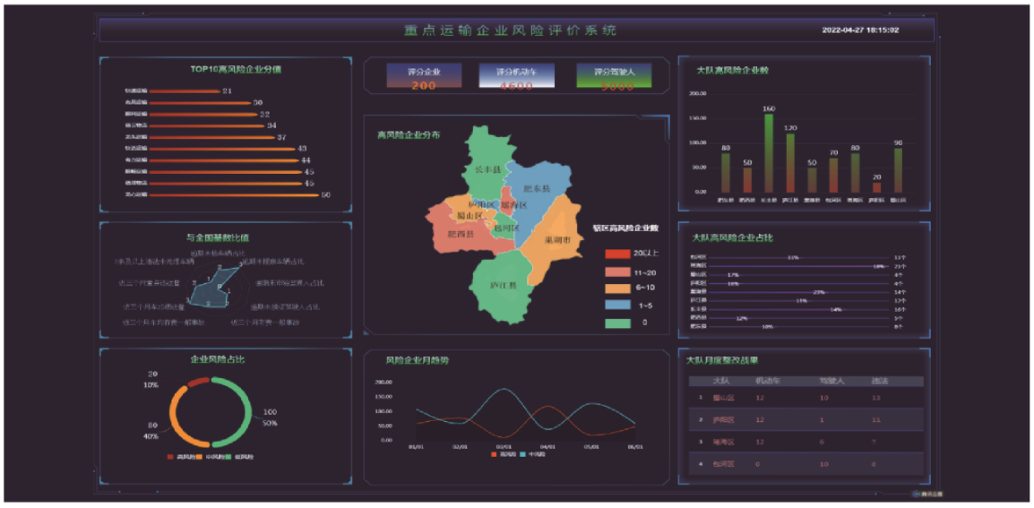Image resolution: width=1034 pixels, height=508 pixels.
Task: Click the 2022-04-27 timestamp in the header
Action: click(860, 30)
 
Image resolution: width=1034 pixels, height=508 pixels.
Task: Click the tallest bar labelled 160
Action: click(769, 152)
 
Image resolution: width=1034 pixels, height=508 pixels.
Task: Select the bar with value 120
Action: click(790, 163)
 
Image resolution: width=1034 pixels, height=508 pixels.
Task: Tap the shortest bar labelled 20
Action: click(876, 187)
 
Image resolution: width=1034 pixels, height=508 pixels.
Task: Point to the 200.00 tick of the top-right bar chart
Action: click(697, 92)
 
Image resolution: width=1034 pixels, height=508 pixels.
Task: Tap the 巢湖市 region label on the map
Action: click(561, 239)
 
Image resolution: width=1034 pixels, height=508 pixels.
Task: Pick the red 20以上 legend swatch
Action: click(618, 254)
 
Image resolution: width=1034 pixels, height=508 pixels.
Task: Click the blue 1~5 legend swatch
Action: click(618, 306)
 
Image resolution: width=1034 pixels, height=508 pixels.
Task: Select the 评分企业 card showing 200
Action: click(423, 77)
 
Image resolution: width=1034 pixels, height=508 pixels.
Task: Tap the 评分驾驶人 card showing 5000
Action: click(614, 77)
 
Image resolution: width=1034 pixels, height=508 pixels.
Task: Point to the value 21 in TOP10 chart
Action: click(228, 90)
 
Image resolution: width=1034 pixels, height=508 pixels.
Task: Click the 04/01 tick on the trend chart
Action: click(547, 445)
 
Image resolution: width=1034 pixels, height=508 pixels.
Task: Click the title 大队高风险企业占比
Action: click(732, 237)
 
